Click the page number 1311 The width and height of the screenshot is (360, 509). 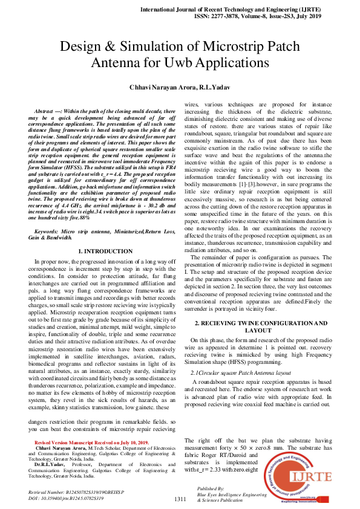click(x=180, y=499)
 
